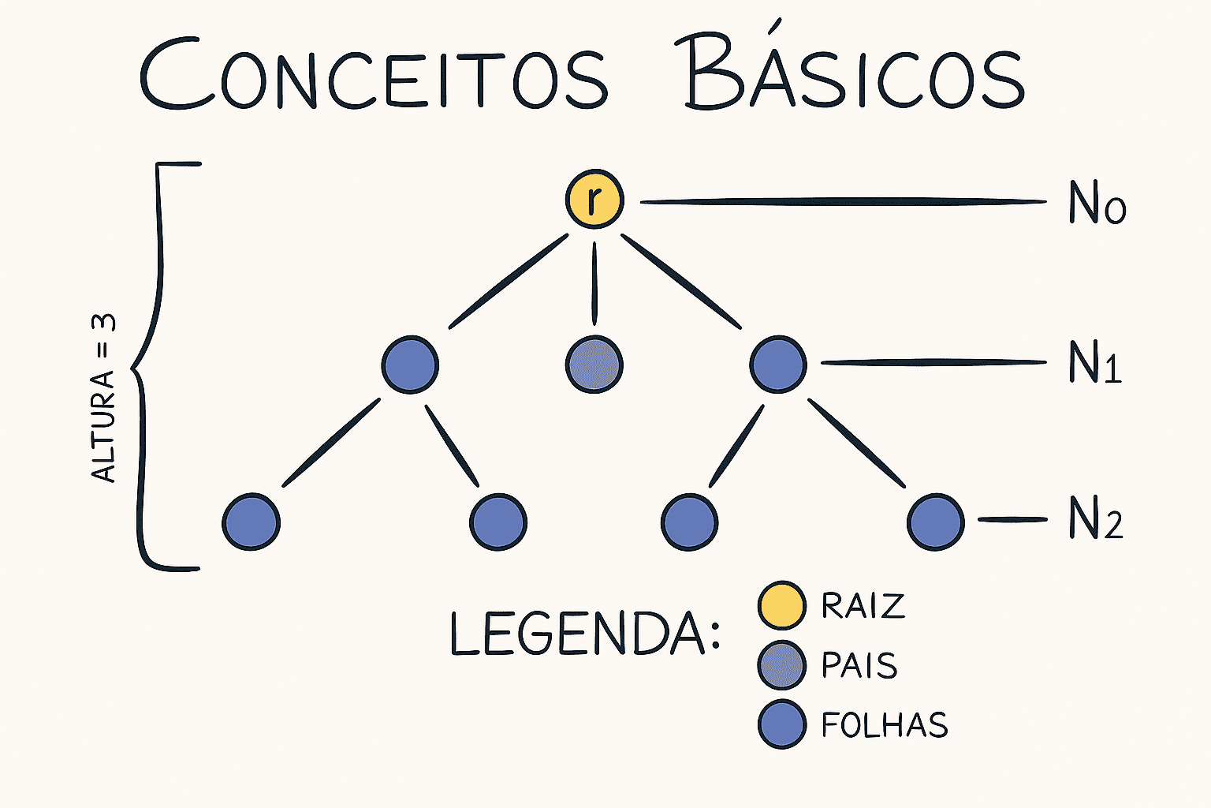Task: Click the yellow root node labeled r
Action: (x=594, y=199)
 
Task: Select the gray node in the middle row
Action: (x=594, y=365)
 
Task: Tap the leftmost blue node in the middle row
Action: (x=410, y=365)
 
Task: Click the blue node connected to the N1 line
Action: (x=778, y=365)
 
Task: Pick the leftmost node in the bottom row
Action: (x=251, y=522)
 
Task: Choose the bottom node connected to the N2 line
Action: (x=936, y=522)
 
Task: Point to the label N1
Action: (x=1095, y=364)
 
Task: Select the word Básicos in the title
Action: (x=855, y=73)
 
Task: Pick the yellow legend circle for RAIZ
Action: (x=781, y=605)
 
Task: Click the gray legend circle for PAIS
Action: (x=781, y=665)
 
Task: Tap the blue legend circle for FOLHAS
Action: (x=781, y=724)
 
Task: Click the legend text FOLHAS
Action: (x=885, y=725)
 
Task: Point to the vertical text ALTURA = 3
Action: (x=104, y=398)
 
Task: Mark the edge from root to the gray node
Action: (x=594, y=283)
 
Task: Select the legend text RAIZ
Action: (x=863, y=606)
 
